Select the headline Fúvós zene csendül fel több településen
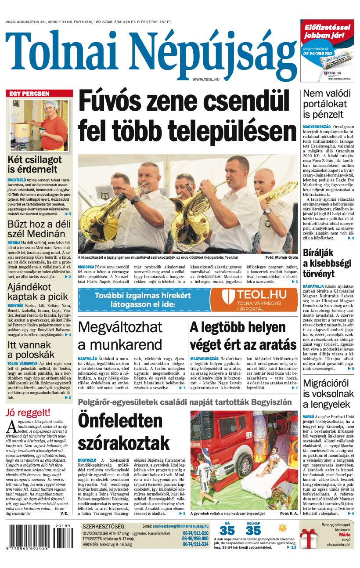[x=187, y=116]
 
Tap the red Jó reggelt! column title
[x=28, y=412]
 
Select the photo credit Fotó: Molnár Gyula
[x=281, y=257]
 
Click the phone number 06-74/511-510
[x=195, y=533]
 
